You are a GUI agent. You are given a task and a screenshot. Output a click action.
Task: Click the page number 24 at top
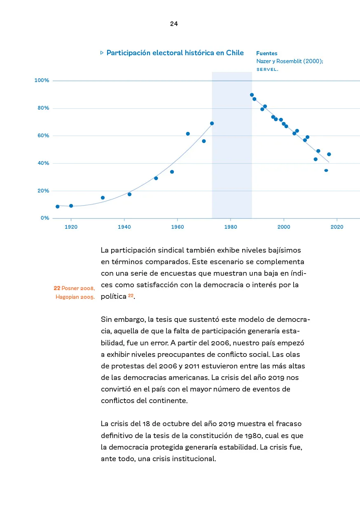coord(174,24)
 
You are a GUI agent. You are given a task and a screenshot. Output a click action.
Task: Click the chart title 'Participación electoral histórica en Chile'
coord(175,53)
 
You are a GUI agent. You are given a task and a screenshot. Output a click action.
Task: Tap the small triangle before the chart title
coord(102,53)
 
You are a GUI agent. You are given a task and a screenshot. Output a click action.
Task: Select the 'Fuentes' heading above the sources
coord(266,53)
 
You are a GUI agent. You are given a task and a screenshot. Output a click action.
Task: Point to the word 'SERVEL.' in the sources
coord(267,70)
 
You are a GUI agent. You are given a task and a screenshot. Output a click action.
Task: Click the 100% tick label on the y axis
coord(42,80)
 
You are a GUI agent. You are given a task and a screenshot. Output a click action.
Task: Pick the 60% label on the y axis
coord(43,136)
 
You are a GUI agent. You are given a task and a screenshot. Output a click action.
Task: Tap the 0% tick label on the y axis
coord(45,218)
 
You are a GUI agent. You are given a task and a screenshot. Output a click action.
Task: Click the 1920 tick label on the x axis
coord(71,227)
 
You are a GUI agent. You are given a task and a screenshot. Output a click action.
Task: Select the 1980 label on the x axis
coord(230,227)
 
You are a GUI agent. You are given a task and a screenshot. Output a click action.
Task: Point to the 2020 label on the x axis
coord(337,227)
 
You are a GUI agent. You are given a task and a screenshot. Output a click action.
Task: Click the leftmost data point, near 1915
coord(57,206)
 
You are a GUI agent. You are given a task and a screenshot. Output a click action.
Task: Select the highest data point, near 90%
coord(252,95)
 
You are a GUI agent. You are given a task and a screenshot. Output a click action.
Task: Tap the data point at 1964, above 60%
coord(188,134)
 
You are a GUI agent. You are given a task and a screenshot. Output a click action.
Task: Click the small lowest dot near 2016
coord(326,170)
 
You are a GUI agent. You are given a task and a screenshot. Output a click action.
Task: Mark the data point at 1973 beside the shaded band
coord(212,123)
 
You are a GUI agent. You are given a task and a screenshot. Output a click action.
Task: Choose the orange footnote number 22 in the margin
coord(57,288)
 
